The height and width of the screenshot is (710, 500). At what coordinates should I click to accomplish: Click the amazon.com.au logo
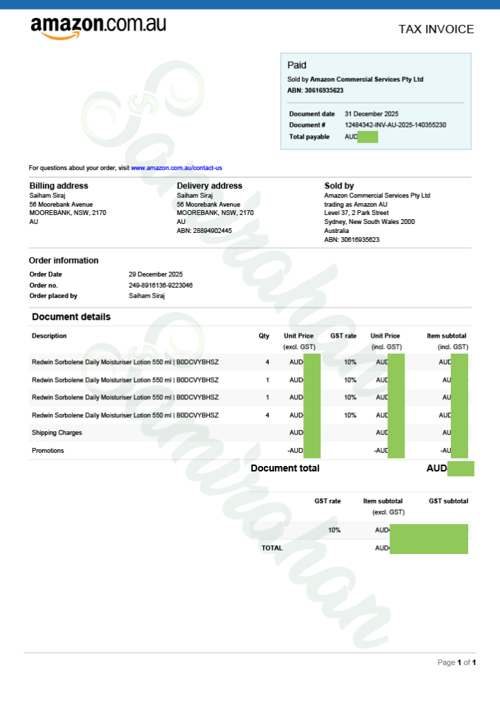[98, 27]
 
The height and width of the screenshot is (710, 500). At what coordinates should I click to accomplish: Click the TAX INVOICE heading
[436, 29]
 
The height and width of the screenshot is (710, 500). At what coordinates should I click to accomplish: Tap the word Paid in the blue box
[296, 65]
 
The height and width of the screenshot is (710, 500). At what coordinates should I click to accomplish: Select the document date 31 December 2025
[371, 114]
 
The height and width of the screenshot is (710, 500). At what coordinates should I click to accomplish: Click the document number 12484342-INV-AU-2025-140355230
[395, 125]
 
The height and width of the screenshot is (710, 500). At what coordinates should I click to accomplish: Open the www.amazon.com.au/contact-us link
[176, 168]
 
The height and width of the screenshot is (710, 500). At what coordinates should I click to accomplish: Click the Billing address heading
[58, 186]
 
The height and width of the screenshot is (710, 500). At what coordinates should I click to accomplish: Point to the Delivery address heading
[209, 186]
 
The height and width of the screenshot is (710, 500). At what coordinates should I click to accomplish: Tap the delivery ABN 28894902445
[204, 231]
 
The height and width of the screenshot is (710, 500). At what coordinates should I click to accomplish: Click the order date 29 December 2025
[156, 275]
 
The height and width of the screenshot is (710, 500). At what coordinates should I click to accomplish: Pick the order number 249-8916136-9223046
[161, 285]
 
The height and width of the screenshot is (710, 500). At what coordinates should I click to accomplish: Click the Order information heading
[64, 261]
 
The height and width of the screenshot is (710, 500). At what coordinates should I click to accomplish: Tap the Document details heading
[71, 317]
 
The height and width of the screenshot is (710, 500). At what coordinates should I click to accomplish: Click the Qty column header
[264, 336]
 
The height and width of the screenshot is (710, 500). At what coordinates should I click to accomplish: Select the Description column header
[49, 336]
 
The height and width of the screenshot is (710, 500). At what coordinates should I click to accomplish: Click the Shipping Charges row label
[57, 433]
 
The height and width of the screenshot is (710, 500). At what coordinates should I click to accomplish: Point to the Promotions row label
[48, 451]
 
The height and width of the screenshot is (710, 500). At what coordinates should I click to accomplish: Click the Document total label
[285, 468]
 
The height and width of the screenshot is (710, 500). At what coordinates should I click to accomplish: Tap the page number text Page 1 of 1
[456, 663]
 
